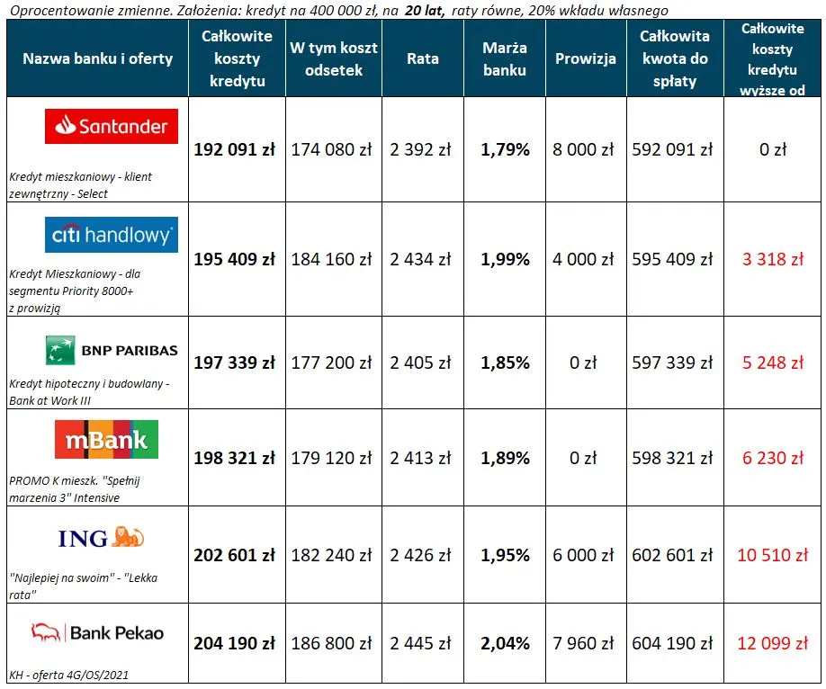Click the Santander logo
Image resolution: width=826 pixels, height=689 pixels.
click(x=112, y=127)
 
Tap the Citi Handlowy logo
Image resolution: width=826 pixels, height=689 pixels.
click(x=112, y=235)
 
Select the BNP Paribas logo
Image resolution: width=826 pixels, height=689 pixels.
click(x=112, y=350)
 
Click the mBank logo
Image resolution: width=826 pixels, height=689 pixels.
click(x=106, y=440)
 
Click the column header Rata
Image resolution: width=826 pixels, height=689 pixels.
click(x=423, y=58)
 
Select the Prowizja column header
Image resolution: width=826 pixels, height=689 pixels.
click(x=585, y=58)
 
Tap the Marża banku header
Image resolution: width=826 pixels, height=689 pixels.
click(x=504, y=58)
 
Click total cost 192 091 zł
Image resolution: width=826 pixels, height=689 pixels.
click(x=235, y=149)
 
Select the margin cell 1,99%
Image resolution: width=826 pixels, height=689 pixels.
click(x=505, y=259)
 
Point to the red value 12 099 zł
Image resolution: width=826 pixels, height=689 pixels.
click(x=772, y=643)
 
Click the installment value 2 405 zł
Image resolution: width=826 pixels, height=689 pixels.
click(x=420, y=362)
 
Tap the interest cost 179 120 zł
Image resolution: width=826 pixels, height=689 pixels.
click(x=331, y=458)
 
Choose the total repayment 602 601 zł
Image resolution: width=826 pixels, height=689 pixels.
click(x=672, y=555)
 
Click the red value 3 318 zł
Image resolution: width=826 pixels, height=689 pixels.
click(x=772, y=259)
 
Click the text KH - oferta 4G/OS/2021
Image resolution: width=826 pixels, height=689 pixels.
click(x=63, y=676)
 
